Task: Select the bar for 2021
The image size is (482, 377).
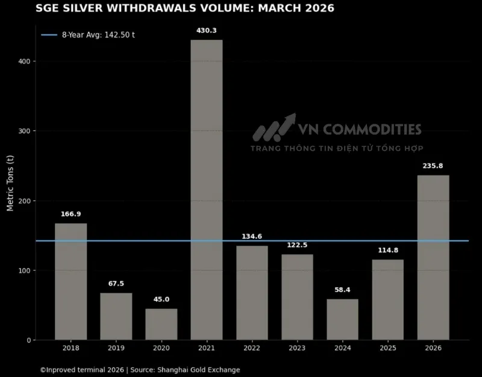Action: pos(207,190)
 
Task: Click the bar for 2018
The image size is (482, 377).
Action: pos(71,282)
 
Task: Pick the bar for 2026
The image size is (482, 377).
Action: pos(433,258)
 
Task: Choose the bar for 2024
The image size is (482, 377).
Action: pos(342,320)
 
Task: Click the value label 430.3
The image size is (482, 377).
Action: pos(207,30)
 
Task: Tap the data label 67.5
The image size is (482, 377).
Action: pos(116,284)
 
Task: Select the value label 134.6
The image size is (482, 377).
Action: pos(252,236)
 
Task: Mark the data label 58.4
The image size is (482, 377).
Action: pos(342,290)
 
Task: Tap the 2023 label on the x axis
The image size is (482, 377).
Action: pos(297,348)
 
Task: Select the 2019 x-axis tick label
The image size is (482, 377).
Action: pos(116,348)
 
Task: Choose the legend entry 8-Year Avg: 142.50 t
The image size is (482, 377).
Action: pos(88,35)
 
